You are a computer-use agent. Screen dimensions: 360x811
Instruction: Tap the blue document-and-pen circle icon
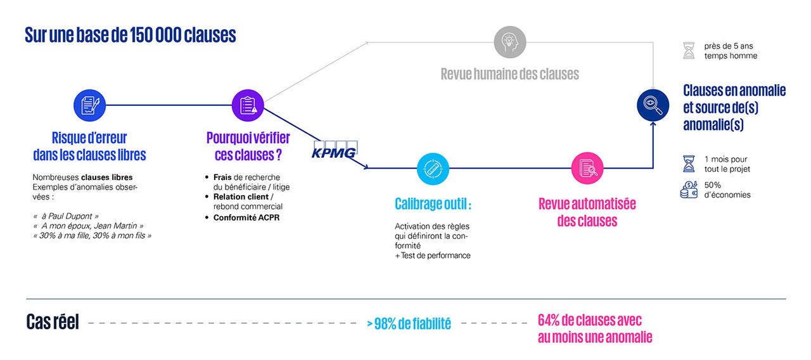pyautogui.click(x=89, y=105)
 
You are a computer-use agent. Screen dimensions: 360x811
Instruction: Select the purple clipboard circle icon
pyautogui.click(x=248, y=105)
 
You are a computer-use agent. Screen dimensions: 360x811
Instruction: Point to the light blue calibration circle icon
pyautogui.click(x=433, y=169)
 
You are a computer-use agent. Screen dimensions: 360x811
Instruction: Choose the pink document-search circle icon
pyautogui.click(x=587, y=168)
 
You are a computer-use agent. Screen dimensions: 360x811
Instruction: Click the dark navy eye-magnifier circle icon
pyautogui.click(x=653, y=105)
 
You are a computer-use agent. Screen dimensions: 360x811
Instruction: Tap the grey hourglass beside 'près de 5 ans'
pyautogui.click(x=689, y=51)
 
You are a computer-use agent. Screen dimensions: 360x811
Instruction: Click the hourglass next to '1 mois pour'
pyautogui.click(x=689, y=164)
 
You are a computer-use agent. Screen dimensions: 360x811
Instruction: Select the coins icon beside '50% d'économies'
pyautogui.click(x=689, y=190)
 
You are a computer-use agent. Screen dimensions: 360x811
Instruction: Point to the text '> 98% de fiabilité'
pyautogui.click(x=409, y=323)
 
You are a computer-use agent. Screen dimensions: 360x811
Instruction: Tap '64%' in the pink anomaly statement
pyautogui.click(x=550, y=320)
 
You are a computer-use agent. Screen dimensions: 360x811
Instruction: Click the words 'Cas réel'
pyautogui.click(x=53, y=322)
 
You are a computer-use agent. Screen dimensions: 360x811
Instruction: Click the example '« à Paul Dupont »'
pyautogui.click(x=65, y=215)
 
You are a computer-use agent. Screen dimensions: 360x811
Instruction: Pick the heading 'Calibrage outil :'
pyautogui.click(x=433, y=204)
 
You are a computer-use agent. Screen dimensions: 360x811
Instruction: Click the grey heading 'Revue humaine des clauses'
pyautogui.click(x=509, y=74)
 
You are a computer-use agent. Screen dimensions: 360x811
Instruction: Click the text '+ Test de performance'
pyautogui.click(x=432, y=255)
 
